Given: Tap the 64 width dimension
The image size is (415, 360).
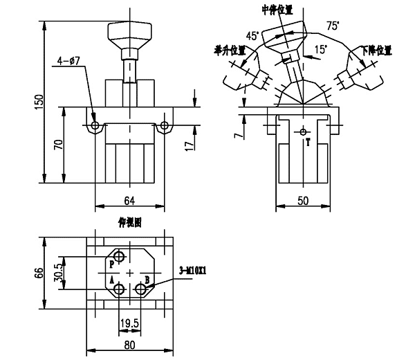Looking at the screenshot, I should (129, 200).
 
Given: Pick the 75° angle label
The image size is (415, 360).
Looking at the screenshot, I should (333, 26).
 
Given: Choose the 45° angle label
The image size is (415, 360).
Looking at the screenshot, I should (252, 35).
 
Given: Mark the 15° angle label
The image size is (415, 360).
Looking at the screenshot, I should (320, 50).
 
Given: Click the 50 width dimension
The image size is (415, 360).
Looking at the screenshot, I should (302, 200).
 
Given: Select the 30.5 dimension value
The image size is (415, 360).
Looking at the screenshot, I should (60, 272).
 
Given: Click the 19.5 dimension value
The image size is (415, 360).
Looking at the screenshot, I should (129, 322).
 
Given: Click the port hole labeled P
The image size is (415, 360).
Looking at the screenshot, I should (120, 258).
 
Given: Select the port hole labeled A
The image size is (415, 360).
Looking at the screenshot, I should (120, 289).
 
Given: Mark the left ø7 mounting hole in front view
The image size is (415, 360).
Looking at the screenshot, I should (95, 126).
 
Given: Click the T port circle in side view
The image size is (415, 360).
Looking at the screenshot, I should (302, 131).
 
